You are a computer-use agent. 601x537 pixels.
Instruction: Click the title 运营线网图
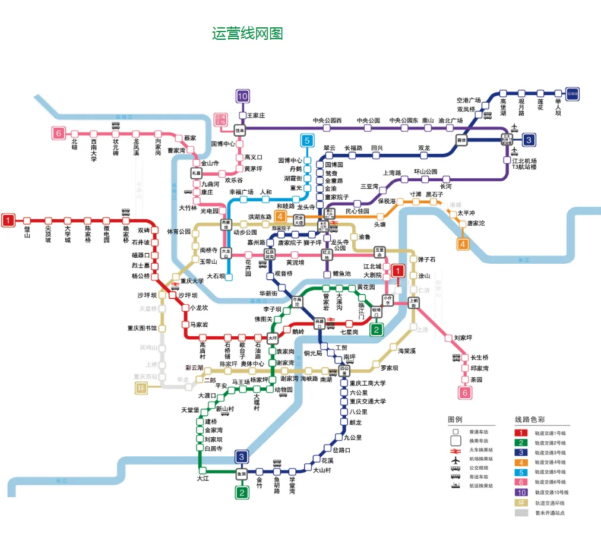(x=247, y=33)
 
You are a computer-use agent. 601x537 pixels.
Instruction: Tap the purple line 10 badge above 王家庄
(x=242, y=96)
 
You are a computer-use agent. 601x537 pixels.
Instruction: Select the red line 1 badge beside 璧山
(x=8, y=220)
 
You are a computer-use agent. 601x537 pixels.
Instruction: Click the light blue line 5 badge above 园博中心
(x=307, y=141)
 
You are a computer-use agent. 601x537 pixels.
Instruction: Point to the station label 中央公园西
(x=327, y=121)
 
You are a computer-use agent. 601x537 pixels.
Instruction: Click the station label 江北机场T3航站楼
(x=524, y=164)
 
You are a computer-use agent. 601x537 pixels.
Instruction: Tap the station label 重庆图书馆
(x=142, y=328)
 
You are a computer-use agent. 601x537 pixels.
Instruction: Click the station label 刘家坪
(x=463, y=337)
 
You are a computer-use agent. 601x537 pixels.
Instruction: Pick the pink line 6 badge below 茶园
(x=464, y=393)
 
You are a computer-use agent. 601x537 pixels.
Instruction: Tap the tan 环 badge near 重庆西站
(x=141, y=388)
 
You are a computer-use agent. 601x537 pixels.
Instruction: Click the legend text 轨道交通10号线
(x=551, y=492)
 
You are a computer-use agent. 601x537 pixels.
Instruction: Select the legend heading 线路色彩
(x=529, y=419)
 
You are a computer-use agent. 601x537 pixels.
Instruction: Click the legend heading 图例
(x=455, y=419)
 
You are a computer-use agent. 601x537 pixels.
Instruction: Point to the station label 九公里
(x=355, y=438)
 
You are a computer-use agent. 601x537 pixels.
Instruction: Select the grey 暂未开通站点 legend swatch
(x=521, y=512)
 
